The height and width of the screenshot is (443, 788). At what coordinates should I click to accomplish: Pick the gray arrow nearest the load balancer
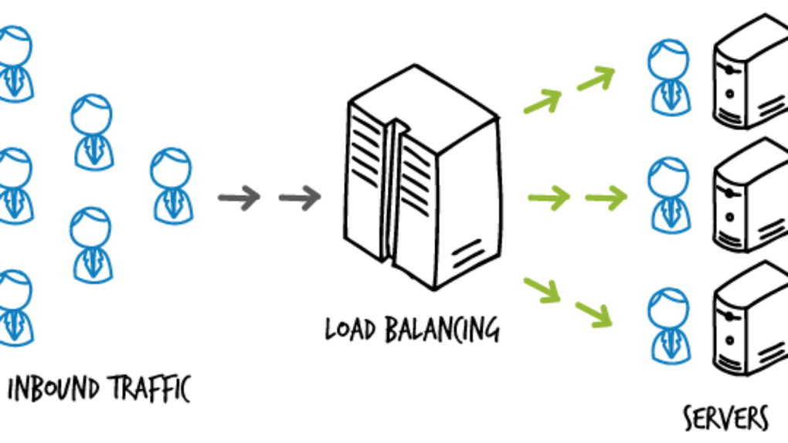pos(299,198)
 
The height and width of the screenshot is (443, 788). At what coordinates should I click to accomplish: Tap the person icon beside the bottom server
pos(668,320)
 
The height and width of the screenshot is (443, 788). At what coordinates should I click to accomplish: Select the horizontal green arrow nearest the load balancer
pos(548,198)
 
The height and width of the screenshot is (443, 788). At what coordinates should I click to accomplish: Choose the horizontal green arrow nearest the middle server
pos(606,198)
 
